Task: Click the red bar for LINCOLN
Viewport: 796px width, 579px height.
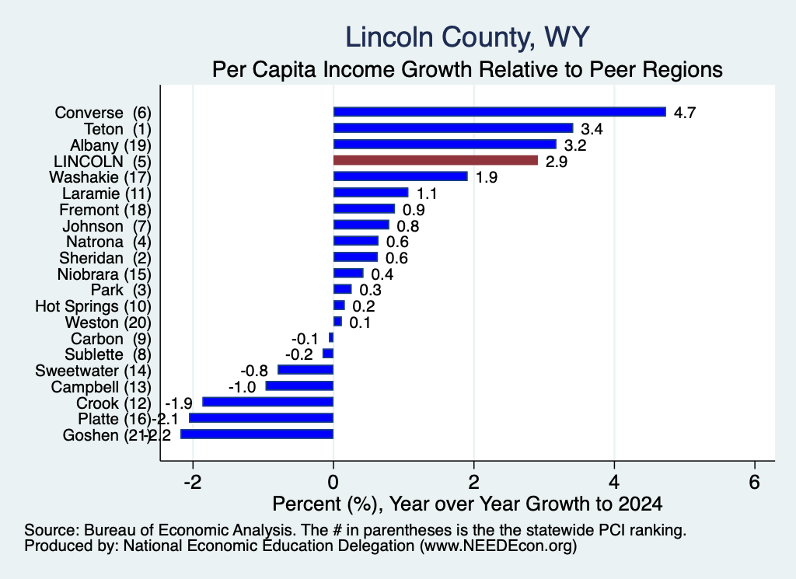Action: (435, 160)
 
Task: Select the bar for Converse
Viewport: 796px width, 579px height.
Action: (500, 112)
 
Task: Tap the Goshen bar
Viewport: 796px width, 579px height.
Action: (257, 434)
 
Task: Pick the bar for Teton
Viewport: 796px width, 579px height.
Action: (453, 128)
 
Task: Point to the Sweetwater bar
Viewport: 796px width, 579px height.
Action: (305, 369)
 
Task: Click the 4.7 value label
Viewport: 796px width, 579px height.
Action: (684, 113)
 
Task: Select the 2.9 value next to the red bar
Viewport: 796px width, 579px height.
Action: (557, 162)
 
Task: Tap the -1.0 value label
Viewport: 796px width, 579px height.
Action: (243, 387)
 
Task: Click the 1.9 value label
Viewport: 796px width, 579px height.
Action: (487, 177)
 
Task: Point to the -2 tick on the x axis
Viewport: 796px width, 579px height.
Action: (193, 482)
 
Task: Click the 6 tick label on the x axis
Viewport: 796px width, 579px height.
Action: (754, 482)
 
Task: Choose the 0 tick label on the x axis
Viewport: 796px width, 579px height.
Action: (333, 482)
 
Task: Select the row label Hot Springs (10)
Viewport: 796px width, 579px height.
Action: (93, 306)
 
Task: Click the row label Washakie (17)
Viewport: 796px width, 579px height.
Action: (100, 177)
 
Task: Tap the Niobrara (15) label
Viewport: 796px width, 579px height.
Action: (105, 274)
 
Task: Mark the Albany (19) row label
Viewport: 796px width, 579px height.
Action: (110, 145)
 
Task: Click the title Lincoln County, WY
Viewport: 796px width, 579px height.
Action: (467, 37)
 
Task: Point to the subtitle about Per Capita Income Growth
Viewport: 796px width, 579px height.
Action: (467, 69)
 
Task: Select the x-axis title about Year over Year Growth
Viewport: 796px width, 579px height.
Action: (467, 504)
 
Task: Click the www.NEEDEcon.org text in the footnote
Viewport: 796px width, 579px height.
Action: (498, 546)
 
